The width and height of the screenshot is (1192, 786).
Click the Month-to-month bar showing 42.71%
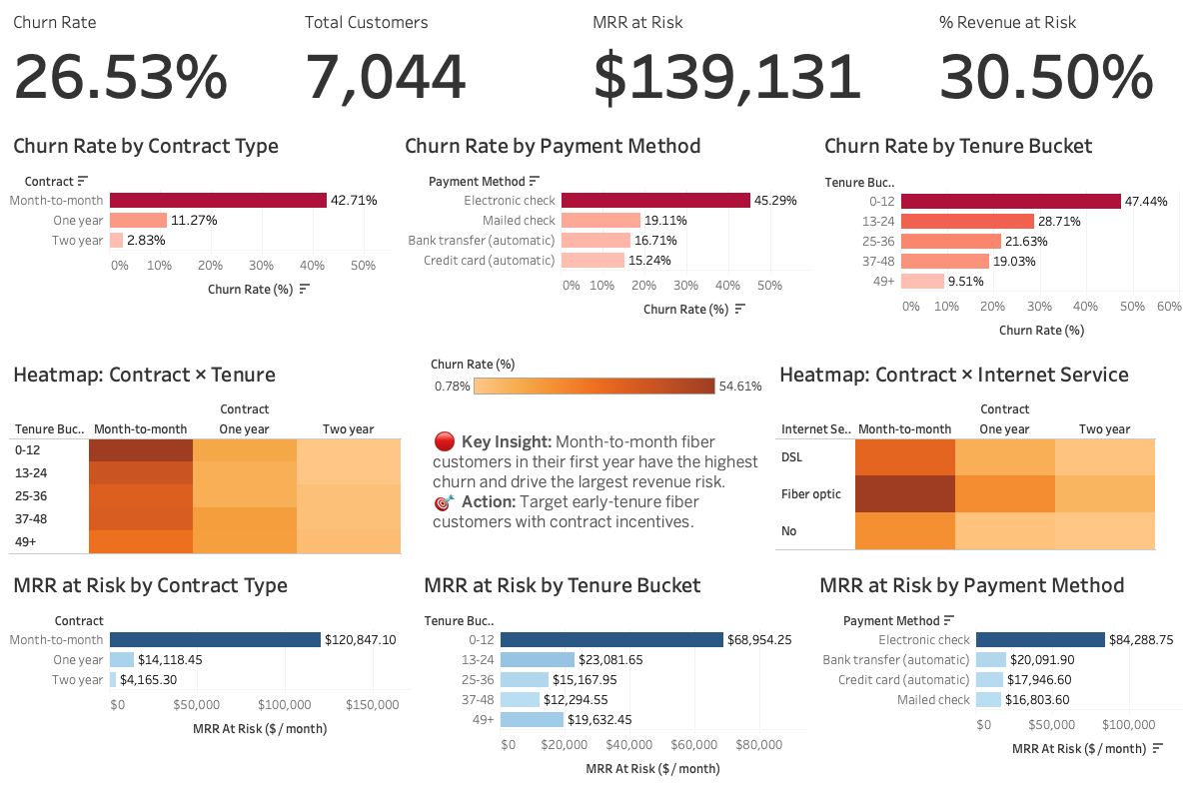point(218,200)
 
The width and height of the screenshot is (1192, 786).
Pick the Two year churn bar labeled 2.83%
point(116,241)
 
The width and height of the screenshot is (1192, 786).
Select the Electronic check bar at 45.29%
point(655,201)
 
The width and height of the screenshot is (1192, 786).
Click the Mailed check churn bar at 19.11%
point(600,221)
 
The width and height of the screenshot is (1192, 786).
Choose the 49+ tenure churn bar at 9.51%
point(922,281)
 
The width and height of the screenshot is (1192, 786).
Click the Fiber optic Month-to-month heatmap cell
point(905,493)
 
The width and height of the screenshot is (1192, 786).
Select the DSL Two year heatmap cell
point(1104,456)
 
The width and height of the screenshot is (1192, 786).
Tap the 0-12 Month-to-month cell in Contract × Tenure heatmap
point(140,450)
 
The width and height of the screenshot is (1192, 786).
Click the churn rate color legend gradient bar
point(595,387)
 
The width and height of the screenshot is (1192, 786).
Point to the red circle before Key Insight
point(445,441)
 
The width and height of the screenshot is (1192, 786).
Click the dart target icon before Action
point(445,501)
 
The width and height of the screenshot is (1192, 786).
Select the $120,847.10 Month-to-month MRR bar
point(215,639)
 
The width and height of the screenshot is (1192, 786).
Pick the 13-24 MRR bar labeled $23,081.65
point(538,659)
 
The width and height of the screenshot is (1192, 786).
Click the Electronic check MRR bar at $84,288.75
point(1040,639)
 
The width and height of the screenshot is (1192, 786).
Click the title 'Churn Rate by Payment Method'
point(553,146)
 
